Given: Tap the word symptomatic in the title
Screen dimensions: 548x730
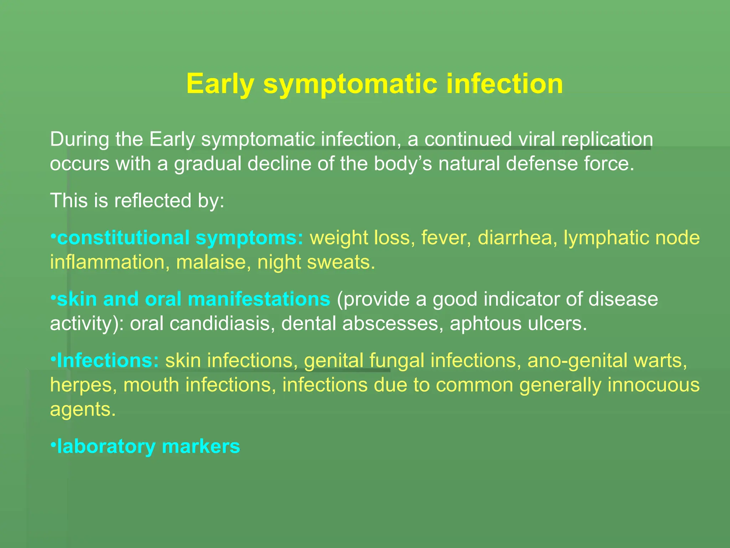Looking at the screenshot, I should [x=350, y=85].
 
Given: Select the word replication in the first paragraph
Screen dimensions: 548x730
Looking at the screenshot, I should [x=607, y=139].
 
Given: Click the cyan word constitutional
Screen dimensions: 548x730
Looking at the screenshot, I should [x=123, y=238].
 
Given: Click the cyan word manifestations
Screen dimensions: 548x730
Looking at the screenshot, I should [x=259, y=299].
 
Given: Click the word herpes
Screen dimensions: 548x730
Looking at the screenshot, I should [x=83, y=385].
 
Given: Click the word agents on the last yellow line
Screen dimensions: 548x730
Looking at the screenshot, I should [x=83, y=410].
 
